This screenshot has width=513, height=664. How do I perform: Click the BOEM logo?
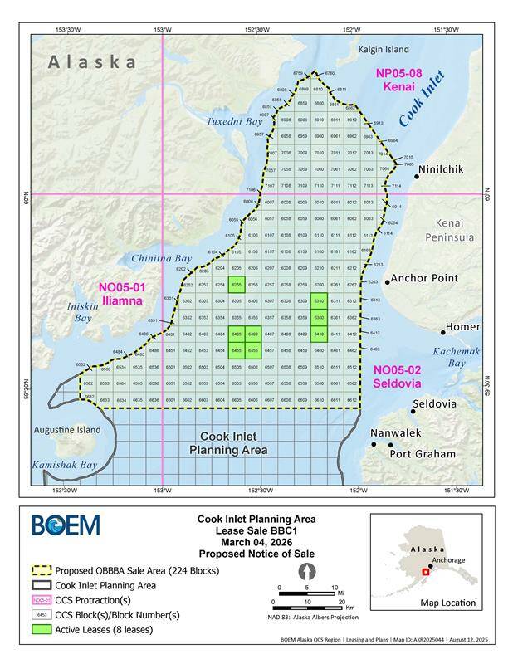click(66, 525)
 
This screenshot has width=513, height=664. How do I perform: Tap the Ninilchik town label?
click(450, 169)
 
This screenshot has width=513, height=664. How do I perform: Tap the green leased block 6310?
click(319, 301)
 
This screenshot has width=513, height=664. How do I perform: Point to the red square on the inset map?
click(427, 571)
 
